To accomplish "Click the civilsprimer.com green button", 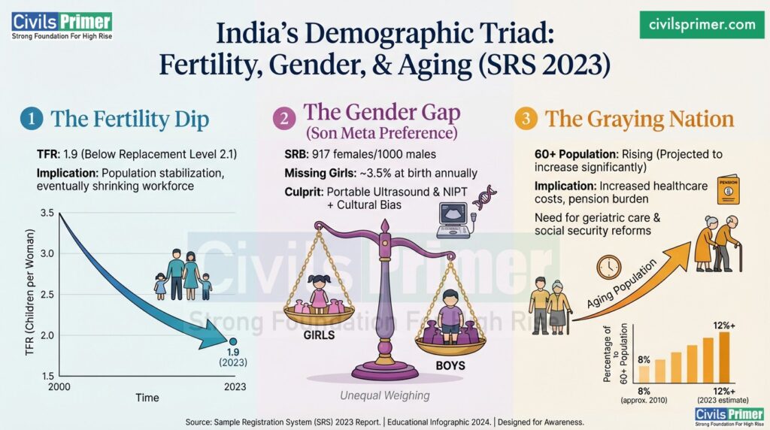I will pos(702,24).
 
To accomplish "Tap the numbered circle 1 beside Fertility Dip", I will pos(30,119).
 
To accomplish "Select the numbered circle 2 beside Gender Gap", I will pos(283,118).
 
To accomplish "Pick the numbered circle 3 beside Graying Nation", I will pos(525,119).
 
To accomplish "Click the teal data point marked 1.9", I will pos(233,342).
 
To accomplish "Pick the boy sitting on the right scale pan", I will pos(450,316).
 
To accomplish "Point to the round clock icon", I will pos(608,267).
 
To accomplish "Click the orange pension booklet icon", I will pos(728,190).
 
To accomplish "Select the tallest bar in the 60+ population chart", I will pos(724,357).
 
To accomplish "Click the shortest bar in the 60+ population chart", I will pos(644,374).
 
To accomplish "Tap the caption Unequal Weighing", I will pos(383,395).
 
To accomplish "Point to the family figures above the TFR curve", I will pos(183,275).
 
